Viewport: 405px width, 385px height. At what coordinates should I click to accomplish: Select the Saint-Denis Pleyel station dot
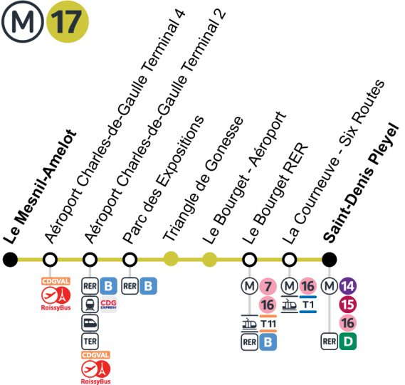(x=329, y=258)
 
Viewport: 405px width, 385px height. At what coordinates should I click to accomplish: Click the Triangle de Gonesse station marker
(x=169, y=258)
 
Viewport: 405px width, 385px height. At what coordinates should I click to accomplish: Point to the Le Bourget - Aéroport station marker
(x=209, y=258)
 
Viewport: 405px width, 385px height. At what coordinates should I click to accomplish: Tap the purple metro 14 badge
(x=348, y=286)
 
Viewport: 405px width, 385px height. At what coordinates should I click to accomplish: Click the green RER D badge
(x=348, y=342)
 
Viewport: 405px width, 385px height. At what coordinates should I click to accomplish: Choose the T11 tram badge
(x=268, y=324)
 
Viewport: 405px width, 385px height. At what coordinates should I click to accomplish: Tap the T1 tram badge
(x=308, y=305)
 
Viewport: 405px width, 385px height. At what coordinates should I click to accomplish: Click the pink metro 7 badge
(x=268, y=286)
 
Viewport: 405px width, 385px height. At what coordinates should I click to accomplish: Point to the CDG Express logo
(x=108, y=305)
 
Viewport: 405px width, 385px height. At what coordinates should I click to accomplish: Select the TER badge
(x=90, y=342)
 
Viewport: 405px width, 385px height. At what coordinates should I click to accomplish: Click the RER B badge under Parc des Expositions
(x=148, y=286)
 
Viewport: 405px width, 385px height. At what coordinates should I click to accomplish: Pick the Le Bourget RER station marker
(x=249, y=258)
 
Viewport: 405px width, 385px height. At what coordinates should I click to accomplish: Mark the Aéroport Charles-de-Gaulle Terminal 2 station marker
(x=90, y=258)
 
